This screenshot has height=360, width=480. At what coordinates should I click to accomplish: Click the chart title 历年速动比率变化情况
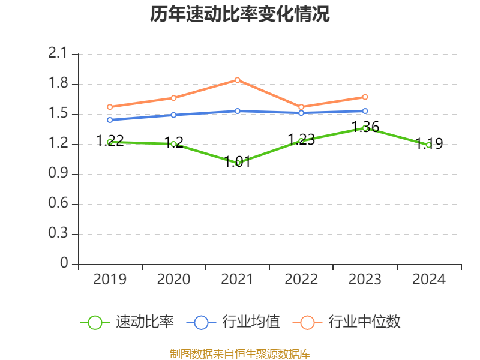(240, 14)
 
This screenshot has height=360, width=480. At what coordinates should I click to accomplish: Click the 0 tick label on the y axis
(65, 264)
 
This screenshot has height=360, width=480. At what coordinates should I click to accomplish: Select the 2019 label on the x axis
(110, 280)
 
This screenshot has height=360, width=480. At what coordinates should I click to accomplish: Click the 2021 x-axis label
(238, 280)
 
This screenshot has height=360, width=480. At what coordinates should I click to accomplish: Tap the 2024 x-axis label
(429, 280)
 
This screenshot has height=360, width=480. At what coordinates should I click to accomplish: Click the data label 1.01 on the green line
(238, 161)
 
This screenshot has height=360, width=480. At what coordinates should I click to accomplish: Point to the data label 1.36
(365, 127)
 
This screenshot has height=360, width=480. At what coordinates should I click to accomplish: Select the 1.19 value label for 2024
(429, 143)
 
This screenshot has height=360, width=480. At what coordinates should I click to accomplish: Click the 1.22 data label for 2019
(110, 140)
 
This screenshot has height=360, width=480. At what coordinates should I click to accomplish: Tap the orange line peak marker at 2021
(238, 80)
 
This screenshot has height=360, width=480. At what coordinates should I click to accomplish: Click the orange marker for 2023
(365, 97)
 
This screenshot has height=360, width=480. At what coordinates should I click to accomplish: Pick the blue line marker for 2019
(110, 120)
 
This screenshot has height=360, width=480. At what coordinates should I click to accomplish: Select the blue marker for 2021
(238, 111)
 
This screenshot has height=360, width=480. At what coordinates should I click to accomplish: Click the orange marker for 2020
(173, 98)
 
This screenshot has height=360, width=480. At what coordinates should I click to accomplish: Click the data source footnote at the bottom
(240, 353)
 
